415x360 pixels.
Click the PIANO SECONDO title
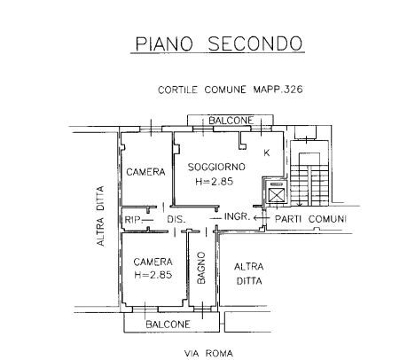coord(219,43)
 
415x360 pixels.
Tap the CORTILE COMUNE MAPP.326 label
coord(231,90)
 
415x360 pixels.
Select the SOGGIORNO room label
coord(216,167)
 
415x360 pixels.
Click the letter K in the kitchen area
coord(267,153)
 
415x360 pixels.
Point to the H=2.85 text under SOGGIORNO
coord(215,181)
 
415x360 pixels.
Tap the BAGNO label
coord(201,268)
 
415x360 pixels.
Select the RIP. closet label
coord(132,220)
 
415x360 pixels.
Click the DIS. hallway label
coord(176,220)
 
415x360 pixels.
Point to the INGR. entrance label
coord(238,216)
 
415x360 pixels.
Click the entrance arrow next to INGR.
coord(262,218)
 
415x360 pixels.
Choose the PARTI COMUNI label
coord(310,219)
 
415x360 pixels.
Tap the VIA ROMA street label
coord(208,353)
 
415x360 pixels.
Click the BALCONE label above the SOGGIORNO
coord(231,121)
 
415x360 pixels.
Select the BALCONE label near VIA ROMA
coord(168,325)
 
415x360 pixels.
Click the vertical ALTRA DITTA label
coord(101,216)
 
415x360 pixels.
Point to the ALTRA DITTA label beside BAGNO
coord(249,274)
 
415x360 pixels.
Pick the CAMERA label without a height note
coord(145,172)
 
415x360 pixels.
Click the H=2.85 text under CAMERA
coord(153,275)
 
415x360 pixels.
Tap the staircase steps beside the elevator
coord(309,184)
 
